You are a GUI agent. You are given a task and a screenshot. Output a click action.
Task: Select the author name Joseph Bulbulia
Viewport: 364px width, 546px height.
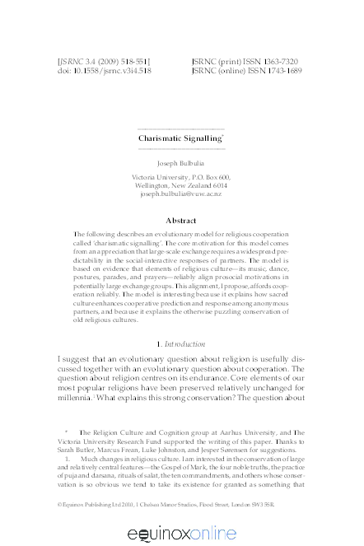coord(181,164)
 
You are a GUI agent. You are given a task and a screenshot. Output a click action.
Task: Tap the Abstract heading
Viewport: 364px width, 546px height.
coord(181,221)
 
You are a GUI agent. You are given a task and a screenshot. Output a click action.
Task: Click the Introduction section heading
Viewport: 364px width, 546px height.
coord(184,342)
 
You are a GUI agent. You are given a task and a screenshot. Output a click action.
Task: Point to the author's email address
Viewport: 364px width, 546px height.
coord(181,194)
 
